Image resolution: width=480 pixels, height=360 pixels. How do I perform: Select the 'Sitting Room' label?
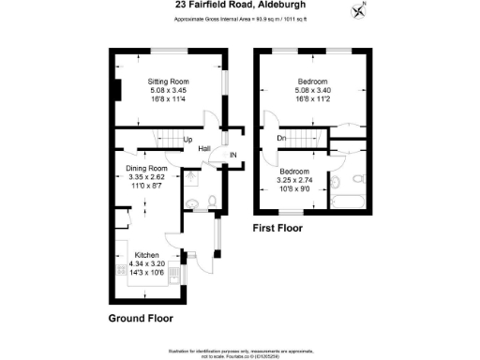(x=168, y=82)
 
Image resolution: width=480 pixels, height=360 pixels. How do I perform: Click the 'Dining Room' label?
(x=145, y=169)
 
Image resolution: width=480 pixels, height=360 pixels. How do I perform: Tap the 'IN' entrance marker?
(x=233, y=154)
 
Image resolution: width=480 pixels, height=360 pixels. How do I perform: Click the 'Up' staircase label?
(x=174, y=142)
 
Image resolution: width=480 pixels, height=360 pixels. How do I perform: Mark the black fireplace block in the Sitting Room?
(x=115, y=91)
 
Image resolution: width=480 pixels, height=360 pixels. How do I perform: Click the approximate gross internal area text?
(x=239, y=19)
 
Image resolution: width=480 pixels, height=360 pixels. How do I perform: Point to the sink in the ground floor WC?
(x=192, y=202)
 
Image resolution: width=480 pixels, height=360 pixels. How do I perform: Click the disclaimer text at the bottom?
(x=239, y=351)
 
